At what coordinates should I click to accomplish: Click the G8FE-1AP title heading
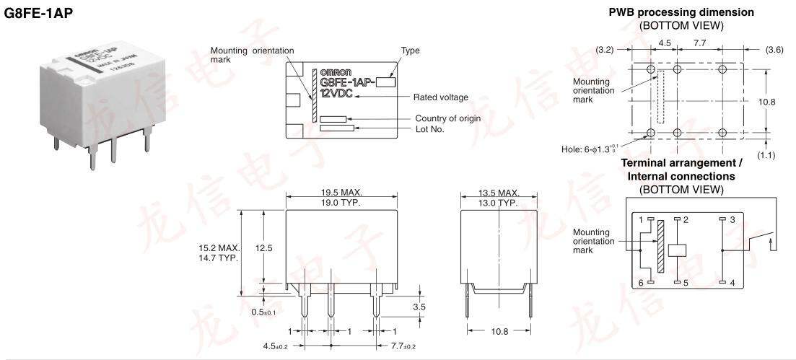pyautogui.click(x=39, y=13)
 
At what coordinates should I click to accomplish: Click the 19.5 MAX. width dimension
pyautogui.click(x=341, y=193)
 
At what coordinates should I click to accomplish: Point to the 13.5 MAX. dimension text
pyautogui.click(x=499, y=193)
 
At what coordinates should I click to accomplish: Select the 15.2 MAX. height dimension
pyautogui.click(x=219, y=247)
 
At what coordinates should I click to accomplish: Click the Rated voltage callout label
pyautogui.click(x=440, y=97)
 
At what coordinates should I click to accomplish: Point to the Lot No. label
pyautogui.click(x=429, y=129)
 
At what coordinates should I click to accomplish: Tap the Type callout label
pyautogui.click(x=411, y=51)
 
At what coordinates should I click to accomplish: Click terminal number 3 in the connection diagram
pyautogui.click(x=732, y=219)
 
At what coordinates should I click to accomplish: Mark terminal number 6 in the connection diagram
pyautogui.click(x=640, y=283)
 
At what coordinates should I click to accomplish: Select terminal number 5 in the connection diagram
pyautogui.click(x=686, y=283)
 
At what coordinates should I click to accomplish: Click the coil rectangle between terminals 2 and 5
pyautogui.click(x=677, y=250)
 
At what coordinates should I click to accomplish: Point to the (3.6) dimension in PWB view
pyautogui.click(x=774, y=50)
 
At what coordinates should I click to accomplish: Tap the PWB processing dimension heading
pyautogui.click(x=681, y=12)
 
